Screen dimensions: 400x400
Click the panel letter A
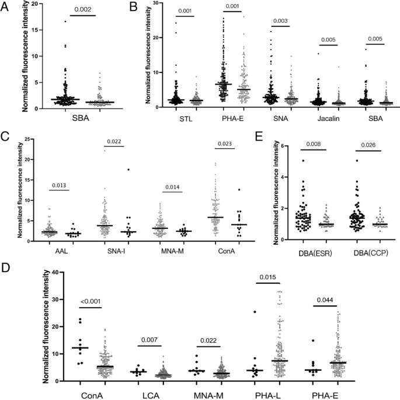point(6,7)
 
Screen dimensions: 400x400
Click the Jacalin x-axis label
point(326,121)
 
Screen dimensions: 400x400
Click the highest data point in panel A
point(66,22)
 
